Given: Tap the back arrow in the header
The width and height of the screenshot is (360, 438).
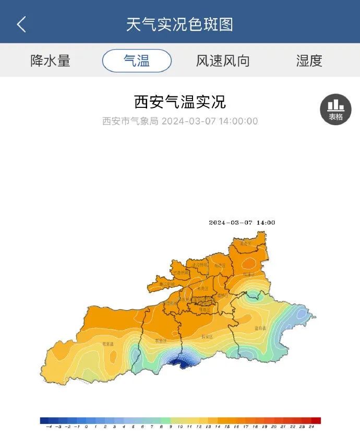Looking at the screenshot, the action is (21, 25).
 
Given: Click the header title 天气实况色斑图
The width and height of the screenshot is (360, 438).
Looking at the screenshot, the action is (179, 25).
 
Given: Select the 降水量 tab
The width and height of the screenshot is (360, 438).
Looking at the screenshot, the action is (50, 60).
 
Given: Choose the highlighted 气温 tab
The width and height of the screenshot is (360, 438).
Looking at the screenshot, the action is (137, 60).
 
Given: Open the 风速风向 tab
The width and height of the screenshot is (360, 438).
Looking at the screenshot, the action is (223, 60).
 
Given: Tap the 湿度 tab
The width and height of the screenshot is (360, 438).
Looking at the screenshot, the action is (309, 60).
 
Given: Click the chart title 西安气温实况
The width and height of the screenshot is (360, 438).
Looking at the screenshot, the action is (180, 102).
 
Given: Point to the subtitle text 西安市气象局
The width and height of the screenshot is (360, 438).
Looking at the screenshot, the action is (130, 121).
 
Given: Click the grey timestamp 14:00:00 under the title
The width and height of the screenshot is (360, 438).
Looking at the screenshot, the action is (238, 121).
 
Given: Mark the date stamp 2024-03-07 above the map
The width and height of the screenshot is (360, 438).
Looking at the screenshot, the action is (231, 223).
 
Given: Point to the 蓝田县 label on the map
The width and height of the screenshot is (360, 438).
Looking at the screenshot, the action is (260, 328).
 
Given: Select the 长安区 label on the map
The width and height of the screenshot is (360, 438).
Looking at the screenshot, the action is (207, 337).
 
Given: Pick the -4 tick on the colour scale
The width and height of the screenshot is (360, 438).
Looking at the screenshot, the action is (49, 427).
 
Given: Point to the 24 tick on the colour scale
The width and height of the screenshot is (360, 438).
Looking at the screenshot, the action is (311, 427).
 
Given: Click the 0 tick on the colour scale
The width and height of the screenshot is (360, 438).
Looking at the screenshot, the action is (86, 427).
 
